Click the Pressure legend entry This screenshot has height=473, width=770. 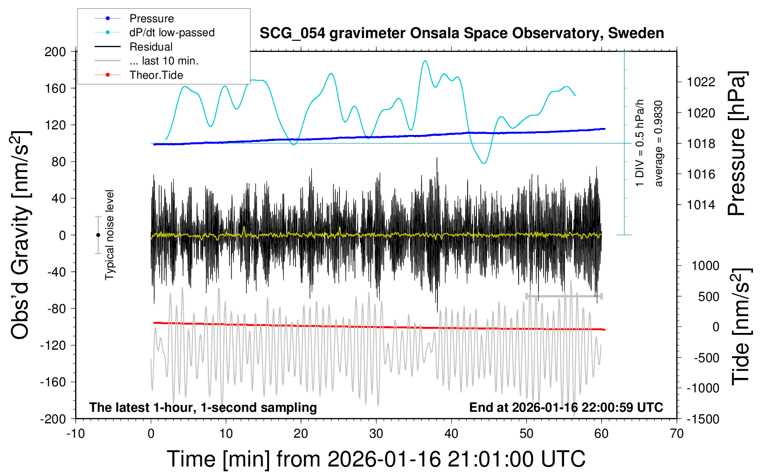coord(151,19)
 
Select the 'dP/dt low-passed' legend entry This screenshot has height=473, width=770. coord(172,32)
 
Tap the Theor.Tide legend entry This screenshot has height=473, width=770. coord(156,75)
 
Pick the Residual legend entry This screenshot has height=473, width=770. coord(151,47)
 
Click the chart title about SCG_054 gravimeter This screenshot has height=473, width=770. coord(462,33)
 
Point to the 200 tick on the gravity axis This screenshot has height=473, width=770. coord(55,51)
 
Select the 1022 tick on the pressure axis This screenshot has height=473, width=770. coord(701,82)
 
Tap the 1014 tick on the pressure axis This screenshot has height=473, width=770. coord(701,205)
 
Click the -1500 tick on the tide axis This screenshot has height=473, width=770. coord(703,419)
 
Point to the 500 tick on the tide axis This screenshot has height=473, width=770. coord(708,296)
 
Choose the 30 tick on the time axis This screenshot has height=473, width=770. coord(376,434)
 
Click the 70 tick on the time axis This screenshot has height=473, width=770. coord(677,434)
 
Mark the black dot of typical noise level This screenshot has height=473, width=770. coord(98,235)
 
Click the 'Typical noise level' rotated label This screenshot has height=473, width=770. coord(109,235)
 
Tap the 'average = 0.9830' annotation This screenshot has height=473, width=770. coord(659,143)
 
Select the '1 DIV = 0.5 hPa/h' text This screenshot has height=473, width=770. coord(640,143)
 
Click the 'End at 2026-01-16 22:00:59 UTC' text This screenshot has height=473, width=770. coord(566,408)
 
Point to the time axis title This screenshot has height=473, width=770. coord(376,459)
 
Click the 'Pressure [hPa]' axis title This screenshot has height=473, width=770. coord(737,143)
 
